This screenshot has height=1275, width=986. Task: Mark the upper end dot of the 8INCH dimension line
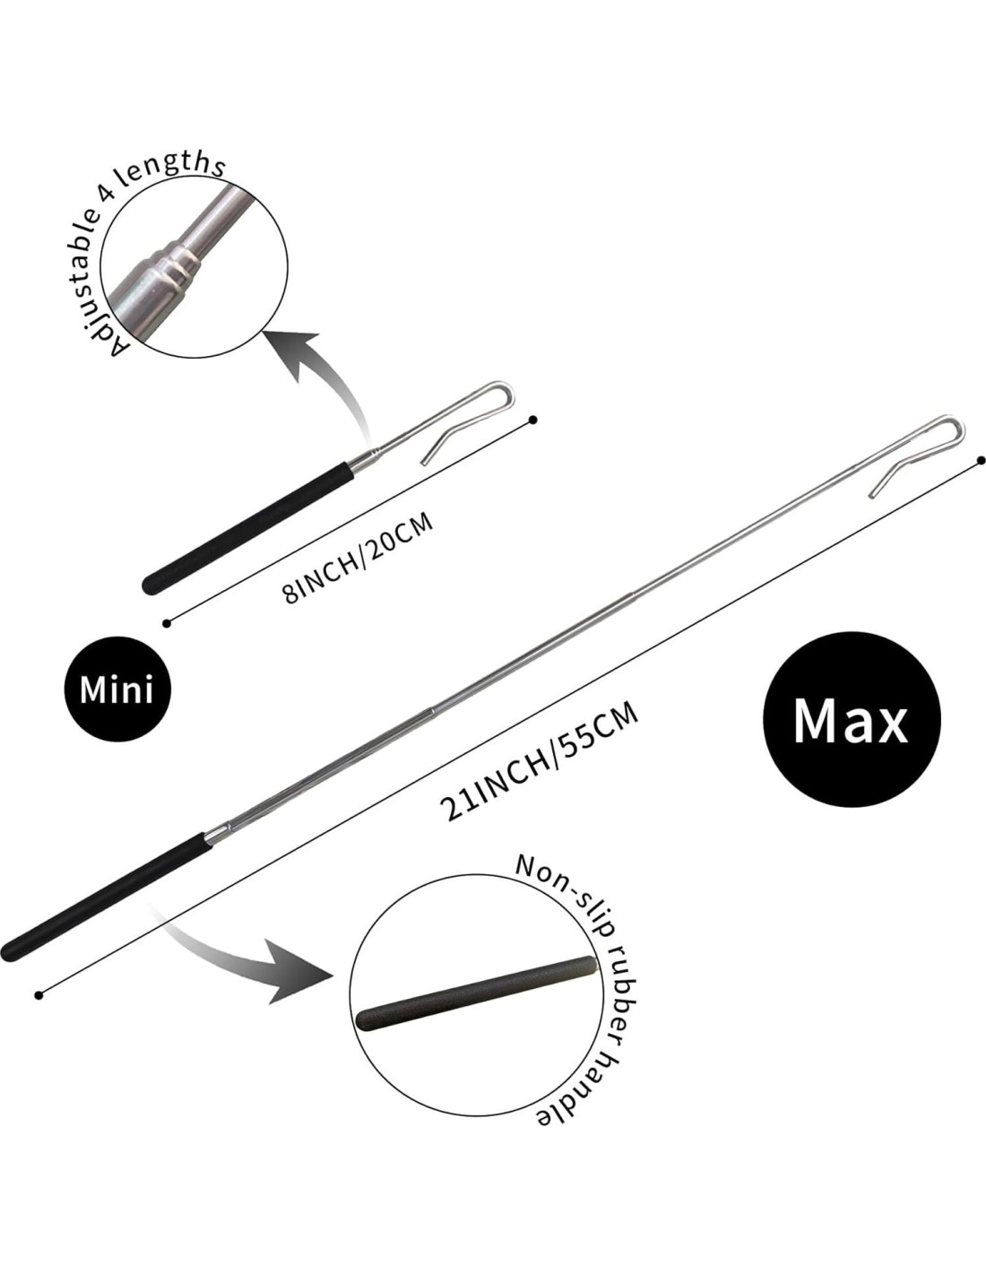[534, 420]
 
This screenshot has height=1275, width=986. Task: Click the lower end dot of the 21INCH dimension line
[38, 994]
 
